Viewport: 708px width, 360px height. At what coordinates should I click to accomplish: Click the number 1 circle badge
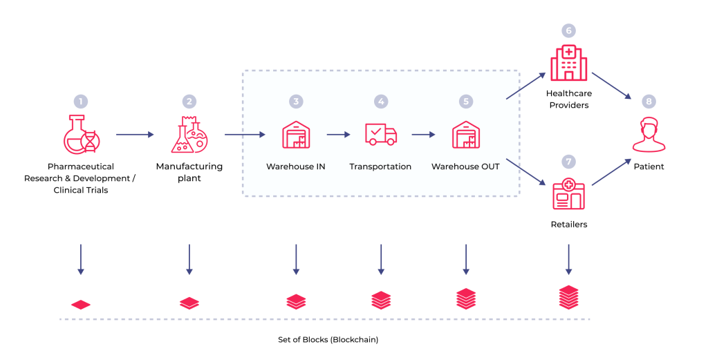pos(81,102)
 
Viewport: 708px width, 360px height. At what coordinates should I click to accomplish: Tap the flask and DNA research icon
pos(81,135)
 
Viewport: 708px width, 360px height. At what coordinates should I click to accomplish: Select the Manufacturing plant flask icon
pos(189,135)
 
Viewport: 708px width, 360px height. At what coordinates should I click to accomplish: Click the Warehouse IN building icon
pos(296,135)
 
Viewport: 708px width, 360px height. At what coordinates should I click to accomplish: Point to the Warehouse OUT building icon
pos(465,135)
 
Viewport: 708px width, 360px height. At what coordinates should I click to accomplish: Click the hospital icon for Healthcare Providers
pos(568,64)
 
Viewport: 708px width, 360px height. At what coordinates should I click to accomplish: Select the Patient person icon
pos(649,135)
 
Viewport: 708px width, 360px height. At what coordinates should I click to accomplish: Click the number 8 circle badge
pos(649,102)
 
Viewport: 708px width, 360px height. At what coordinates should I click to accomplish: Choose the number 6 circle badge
pos(568,30)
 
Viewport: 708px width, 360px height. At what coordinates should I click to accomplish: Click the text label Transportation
pos(380,167)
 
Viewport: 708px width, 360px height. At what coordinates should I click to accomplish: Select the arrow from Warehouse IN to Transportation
pos(339,135)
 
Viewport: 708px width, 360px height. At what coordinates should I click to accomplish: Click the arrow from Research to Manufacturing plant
pos(135,135)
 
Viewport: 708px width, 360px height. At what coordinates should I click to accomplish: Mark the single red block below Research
pos(81,304)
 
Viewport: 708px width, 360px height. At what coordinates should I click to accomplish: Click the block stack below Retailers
pos(568,297)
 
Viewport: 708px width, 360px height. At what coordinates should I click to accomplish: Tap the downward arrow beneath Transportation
pos(380,259)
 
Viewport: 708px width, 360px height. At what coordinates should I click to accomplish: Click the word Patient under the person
pos(649,167)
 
